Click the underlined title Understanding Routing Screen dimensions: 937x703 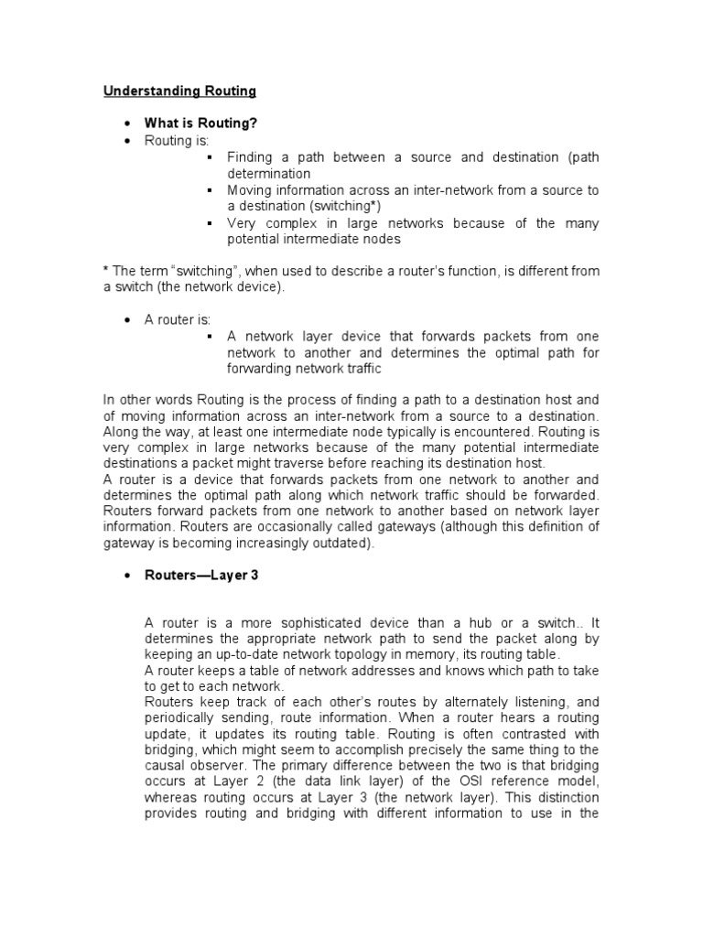click(x=179, y=92)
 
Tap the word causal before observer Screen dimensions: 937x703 click(x=167, y=766)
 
